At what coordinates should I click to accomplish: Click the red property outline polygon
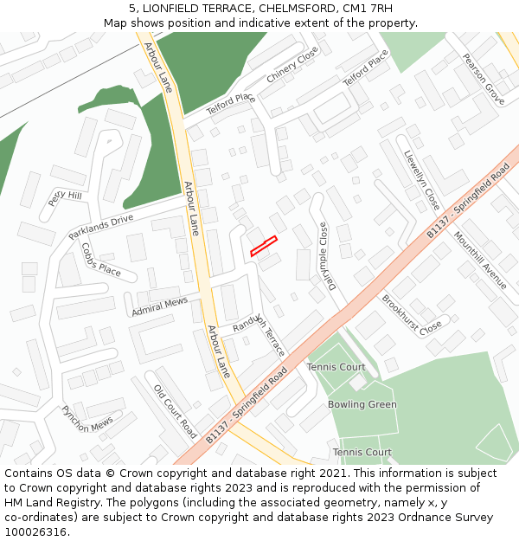pos(263,246)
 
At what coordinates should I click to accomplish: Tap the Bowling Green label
pos(362,404)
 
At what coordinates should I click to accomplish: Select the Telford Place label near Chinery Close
pos(231,105)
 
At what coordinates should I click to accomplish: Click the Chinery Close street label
pos(292,66)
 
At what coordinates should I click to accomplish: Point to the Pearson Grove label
pos(483,80)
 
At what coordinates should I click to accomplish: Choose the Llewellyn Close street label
pos(421,180)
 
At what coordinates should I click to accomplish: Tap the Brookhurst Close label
pos(412,313)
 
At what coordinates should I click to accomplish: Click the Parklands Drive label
pos(100,227)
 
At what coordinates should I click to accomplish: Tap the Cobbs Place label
pos(101,258)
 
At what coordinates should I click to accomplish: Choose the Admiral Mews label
pos(159,306)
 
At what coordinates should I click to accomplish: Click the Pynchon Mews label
pos(86,420)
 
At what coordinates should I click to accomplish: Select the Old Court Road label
pos(176,410)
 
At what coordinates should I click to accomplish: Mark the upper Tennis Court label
pos(336,367)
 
